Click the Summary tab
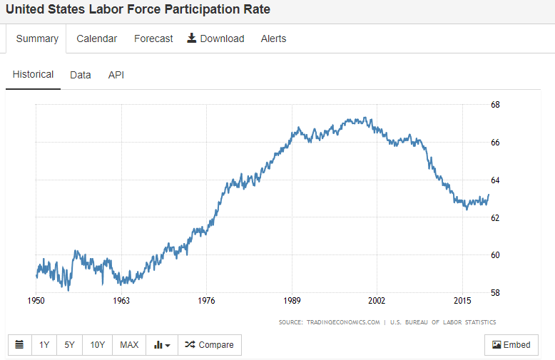(37, 38)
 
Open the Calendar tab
(97, 38)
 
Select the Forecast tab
(153, 38)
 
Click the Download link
(215, 38)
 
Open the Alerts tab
(273, 38)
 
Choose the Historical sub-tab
(33, 74)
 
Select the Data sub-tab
(81, 74)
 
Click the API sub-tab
(116, 74)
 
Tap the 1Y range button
(44, 345)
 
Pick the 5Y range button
(69, 345)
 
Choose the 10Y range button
(98, 345)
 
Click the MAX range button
(129, 345)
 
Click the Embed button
(511, 345)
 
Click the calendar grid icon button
(19, 345)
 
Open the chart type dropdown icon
(162, 345)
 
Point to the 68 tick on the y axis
(495, 105)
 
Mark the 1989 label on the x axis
(291, 301)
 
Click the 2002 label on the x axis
(377, 301)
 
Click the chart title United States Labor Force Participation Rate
(138, 10)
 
